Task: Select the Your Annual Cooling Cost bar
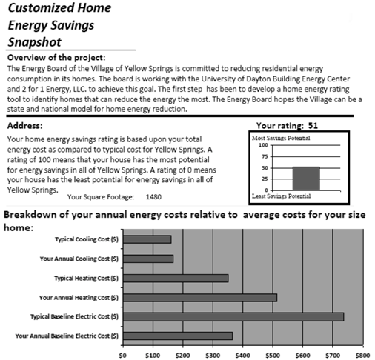click(148, 259)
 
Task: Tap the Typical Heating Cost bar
click(176, 278)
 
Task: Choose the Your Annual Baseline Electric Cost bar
click(179, 336)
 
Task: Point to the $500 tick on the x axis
click(273, 355)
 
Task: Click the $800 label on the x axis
click(362, 355)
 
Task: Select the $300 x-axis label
click(213, 355)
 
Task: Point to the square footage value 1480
click(154, 197)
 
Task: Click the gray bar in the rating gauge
click(306, 179)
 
